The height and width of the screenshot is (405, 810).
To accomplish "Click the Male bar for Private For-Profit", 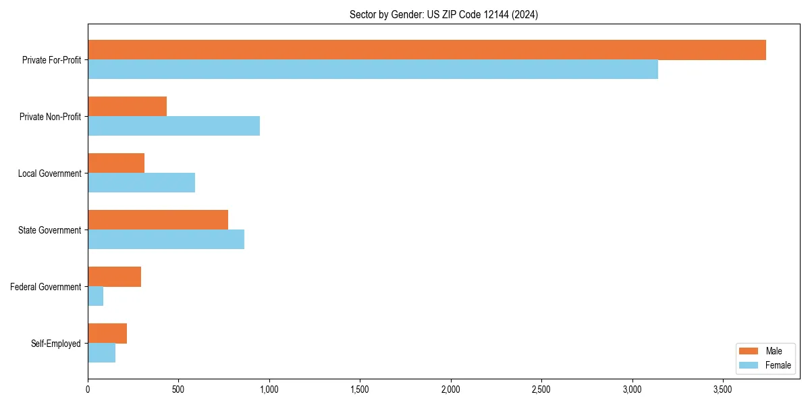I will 427,50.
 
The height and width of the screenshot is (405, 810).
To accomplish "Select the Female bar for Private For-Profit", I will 373,70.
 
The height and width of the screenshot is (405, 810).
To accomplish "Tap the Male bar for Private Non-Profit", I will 127,107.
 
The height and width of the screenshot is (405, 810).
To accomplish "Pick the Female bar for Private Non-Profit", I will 173,126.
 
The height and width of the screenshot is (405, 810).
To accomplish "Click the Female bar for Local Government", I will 141,183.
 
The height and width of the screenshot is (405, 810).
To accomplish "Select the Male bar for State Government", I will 158,220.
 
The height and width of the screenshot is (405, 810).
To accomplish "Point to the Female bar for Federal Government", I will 95,296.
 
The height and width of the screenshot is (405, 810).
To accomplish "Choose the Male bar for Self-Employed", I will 107,333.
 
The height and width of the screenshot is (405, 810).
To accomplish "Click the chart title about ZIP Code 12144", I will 443,14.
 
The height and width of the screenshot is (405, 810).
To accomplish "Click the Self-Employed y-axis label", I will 56,344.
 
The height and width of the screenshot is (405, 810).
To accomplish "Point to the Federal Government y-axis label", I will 46,287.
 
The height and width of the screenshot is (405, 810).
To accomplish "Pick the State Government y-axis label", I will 50,230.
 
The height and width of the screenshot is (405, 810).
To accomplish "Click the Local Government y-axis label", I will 50,173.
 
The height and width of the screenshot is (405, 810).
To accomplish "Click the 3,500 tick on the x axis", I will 722,389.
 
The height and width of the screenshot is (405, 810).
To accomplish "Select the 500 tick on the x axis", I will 178,389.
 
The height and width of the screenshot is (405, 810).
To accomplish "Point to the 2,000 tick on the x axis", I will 450,389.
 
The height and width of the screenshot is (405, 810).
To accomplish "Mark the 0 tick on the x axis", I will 88,389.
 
